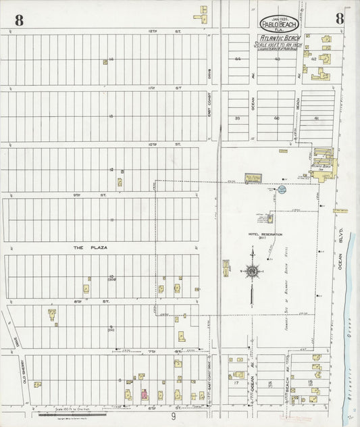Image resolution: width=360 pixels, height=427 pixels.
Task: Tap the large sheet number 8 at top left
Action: pos(18,20)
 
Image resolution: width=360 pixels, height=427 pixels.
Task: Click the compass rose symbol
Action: pos(251,272)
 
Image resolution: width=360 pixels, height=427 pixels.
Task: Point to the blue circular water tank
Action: pos(282,190)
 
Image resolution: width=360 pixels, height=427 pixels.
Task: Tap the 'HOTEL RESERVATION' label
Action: pos(265,234)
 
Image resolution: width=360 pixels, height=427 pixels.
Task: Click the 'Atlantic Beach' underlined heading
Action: pos(277,39)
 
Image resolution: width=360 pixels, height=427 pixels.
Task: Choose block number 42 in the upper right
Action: pos(313,59)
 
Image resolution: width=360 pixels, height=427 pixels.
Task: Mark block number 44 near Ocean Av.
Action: pos(238,59)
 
